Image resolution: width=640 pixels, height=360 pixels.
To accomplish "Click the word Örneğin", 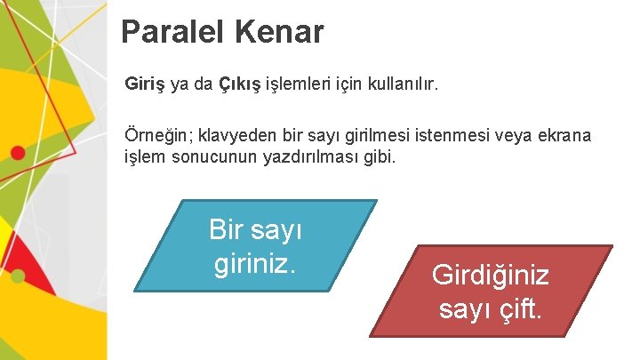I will (x=156, y=137).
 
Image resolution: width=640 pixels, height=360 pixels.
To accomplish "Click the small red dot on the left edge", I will (x=17, y=153).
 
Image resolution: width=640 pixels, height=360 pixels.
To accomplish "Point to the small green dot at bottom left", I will (x=17, y=276).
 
